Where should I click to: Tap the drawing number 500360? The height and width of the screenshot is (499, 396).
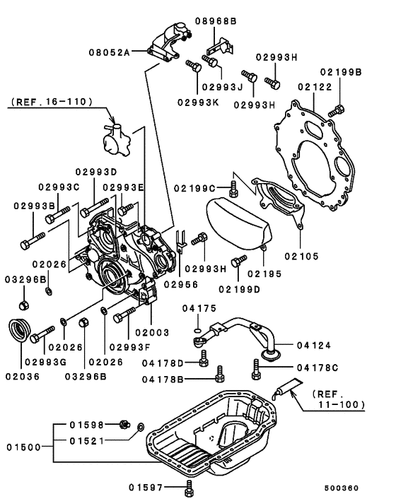point(342,488)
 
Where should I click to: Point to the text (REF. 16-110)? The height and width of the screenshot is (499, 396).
point(52,102)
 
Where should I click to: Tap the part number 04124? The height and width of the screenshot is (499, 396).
point(315,345)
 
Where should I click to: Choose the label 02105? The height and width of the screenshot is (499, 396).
point(302,256)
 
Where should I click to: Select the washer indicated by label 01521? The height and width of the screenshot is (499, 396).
point(140,426)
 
